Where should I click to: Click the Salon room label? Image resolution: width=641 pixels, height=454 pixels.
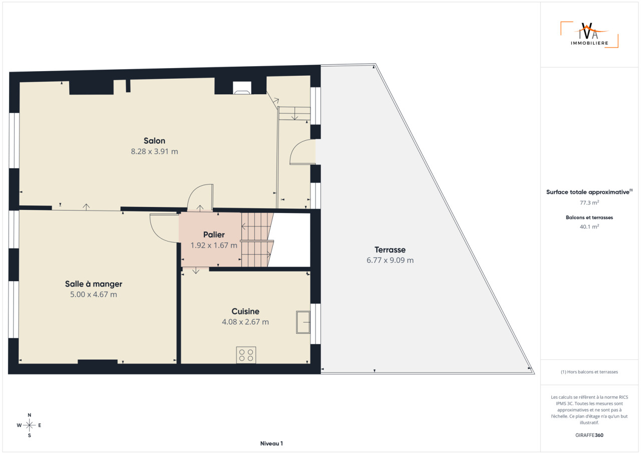154,141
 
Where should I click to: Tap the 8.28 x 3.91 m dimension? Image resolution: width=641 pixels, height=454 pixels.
155,151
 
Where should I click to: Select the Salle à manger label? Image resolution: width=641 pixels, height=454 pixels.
94,284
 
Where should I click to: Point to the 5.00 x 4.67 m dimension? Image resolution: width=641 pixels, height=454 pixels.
94,295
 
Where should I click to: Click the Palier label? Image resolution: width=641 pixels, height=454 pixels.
214,235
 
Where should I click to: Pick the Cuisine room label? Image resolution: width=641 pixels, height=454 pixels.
245,312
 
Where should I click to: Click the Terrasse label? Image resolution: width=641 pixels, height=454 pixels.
390,250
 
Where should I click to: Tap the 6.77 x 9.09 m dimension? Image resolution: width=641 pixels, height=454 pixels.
390,261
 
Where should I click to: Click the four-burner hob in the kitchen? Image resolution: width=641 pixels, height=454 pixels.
246,355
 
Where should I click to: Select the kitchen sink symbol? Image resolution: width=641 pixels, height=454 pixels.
303,322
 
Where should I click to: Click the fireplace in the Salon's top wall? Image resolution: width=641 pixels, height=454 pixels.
242,88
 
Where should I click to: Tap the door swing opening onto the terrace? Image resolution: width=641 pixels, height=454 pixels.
302,152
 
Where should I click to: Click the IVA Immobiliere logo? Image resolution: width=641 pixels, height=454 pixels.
589,35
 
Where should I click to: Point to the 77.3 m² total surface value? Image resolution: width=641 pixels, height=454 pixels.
589,202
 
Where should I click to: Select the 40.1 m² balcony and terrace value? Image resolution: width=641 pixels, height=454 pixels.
589,226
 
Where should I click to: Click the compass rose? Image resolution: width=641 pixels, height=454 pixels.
29,425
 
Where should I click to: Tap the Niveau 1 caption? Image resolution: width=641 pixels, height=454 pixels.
271,443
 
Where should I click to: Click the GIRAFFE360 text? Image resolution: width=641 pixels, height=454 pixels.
589,435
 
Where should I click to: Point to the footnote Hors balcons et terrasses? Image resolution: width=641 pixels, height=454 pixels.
589,372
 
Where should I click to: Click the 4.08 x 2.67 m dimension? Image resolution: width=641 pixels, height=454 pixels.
245,322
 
